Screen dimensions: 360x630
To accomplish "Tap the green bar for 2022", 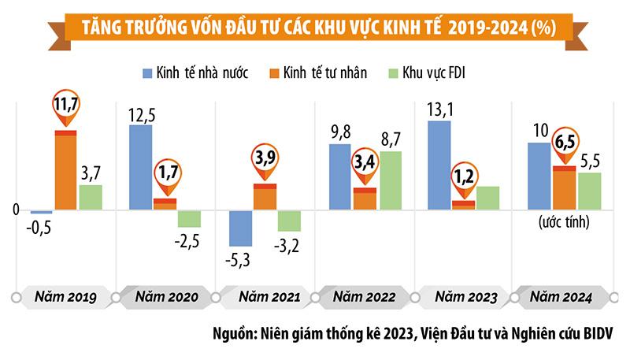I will coord(390,180).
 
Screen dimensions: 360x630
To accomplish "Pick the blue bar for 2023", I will coord(439,165).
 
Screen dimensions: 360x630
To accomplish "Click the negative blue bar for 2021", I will coord(239,228).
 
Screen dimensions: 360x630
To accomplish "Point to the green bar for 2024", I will coord(589,191).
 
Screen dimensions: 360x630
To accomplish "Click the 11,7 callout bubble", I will coord(66,102).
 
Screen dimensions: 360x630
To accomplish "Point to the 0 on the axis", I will coord(15,210).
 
